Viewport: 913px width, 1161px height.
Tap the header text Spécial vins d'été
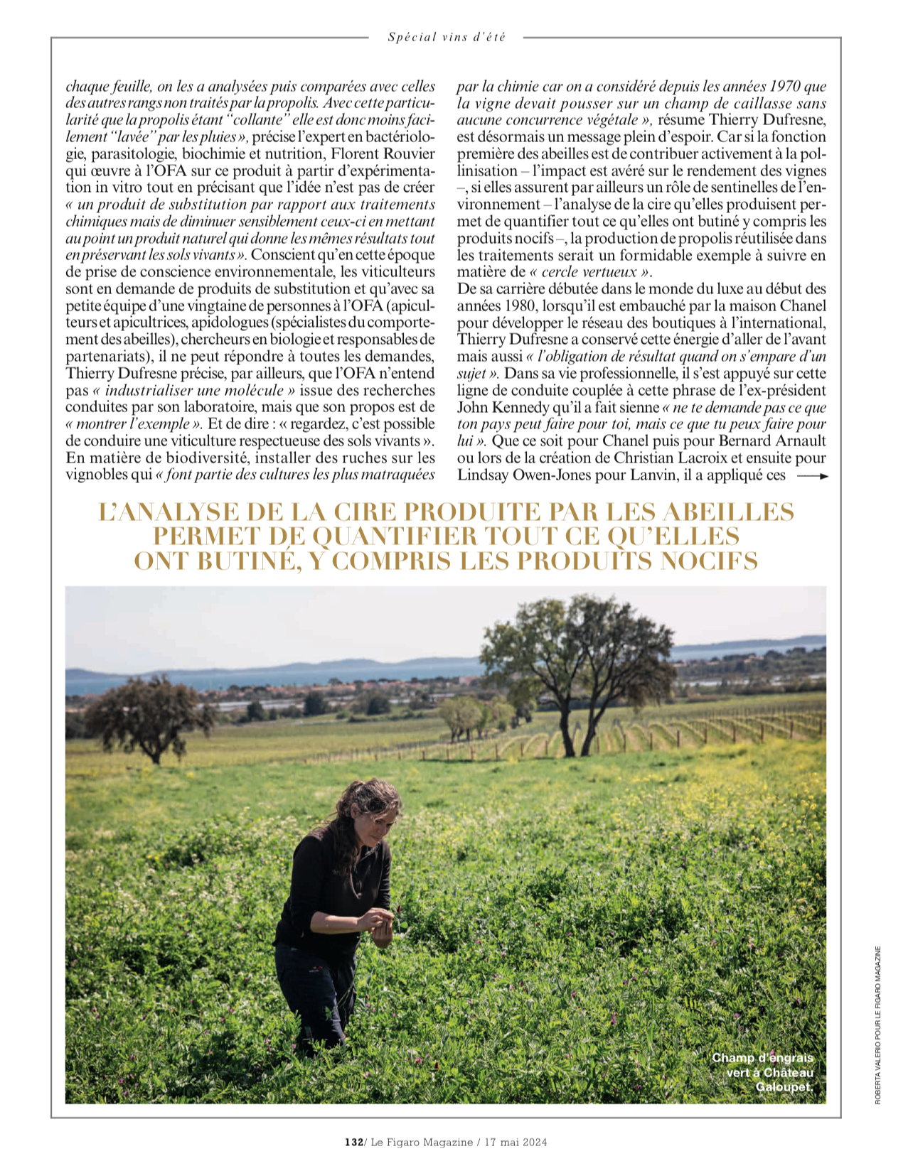click(447, 37)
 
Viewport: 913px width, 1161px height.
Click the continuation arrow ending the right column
click(813, 476)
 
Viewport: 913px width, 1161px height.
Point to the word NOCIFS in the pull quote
click(709, 561)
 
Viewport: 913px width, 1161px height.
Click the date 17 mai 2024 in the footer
click(516, 1142)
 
